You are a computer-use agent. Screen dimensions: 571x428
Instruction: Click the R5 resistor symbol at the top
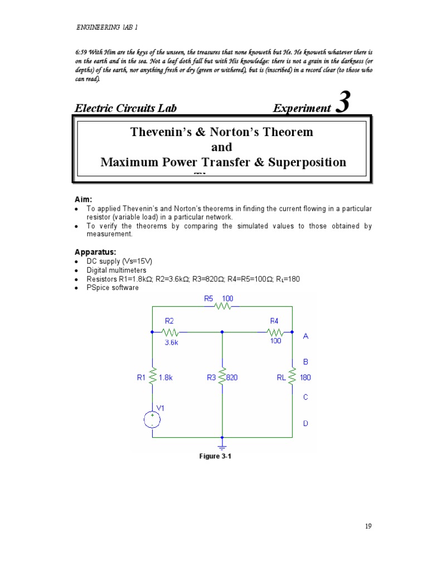point(223,307)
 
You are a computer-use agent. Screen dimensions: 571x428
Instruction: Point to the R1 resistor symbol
point(153,377)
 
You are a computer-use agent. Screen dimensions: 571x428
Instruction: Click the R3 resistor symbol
point(222,377)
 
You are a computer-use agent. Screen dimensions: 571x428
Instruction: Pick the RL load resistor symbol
point(293,377)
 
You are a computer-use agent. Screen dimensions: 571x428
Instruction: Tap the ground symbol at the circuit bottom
point(222,446)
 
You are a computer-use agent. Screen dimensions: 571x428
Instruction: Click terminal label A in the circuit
point(305,336)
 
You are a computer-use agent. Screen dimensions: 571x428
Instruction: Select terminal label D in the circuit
point(305,424)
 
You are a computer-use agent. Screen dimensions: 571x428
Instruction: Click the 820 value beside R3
point(232,378)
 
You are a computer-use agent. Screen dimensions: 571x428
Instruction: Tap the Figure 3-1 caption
point(215,456)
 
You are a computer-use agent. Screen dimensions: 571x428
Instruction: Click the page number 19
point(368,526)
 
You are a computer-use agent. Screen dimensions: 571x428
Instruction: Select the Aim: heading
point(84,199)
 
